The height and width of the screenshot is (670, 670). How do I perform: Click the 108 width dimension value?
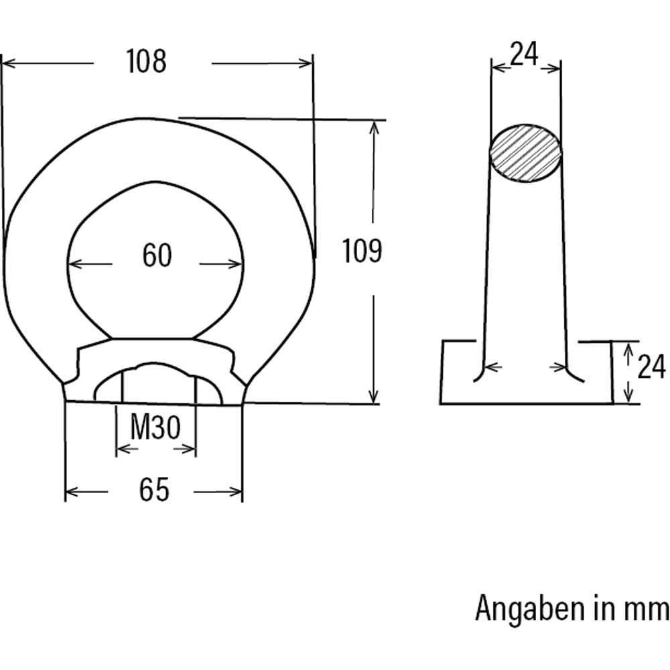[146, 62]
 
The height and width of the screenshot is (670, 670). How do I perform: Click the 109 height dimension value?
[362, 251]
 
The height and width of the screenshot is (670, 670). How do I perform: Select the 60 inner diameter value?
[157, 256]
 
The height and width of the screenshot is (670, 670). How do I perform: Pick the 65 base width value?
[154, 491]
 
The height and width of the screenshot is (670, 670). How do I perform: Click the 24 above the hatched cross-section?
[525, 54]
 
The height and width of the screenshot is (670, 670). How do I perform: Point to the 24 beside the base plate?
[651, 367]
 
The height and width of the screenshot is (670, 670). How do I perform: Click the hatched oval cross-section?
[526, 153]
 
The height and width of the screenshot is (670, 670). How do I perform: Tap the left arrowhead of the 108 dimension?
[8, 64]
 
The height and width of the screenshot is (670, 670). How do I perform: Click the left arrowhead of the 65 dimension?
[71, 492]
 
